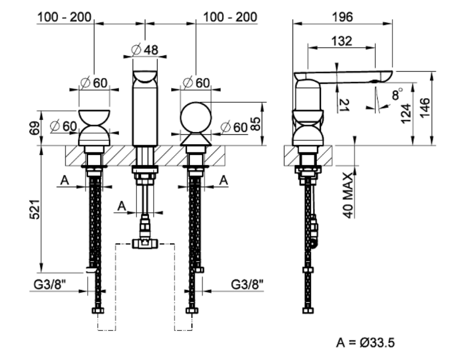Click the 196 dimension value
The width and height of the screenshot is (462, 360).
pyautogui.click(x=342, y=17)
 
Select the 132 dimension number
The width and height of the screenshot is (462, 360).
pyautogui.click(x=341, y=41)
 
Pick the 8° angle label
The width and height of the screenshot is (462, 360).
pyautogui.click(x=398, y=94)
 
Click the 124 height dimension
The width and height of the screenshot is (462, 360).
pyautogui.click(x=406, y=113)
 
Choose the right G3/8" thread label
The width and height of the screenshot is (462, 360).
pyautogui.click(x=247, y=284)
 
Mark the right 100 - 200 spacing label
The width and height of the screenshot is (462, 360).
pyautogui.click(x=230, y=17)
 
